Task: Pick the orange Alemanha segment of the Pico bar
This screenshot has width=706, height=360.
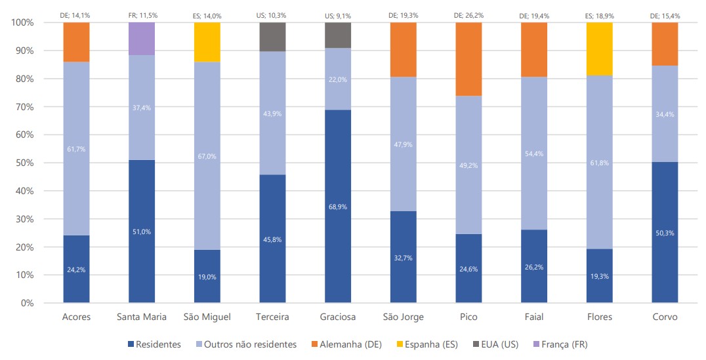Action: [x=468, y=59]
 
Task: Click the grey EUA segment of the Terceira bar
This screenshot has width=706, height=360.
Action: [x=272, y=37]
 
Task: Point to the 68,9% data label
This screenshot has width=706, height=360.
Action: [x=338, y=207]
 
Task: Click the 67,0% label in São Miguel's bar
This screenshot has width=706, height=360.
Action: [x=207, y=157]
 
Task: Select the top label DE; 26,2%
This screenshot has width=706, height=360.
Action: [x=468, y=14]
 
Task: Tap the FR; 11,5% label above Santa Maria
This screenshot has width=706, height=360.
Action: [x=142, y=14]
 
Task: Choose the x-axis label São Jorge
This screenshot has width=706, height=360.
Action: [x=404, y=317]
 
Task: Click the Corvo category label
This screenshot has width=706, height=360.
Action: [x=665, y=317]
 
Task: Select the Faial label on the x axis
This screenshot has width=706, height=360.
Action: [x=534, y=317]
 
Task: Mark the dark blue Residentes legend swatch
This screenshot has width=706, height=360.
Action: [x=129, y=344]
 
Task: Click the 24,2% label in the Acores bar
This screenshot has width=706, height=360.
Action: [x=77, y=270]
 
